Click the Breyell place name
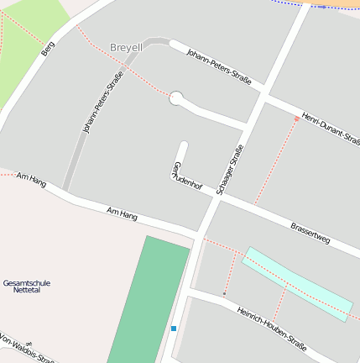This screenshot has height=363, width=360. (126, 48)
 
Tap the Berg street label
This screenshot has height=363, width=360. (48, 48)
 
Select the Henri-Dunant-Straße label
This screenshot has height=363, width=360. (331, 128)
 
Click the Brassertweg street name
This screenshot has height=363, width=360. (310, 233)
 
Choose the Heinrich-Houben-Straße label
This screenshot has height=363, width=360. (272, 329)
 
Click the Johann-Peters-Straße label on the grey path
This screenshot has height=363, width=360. (102, 103)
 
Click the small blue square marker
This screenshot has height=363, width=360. (173, 328)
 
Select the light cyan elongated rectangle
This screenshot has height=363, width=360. (297, 284)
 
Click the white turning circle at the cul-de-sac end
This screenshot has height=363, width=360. (175, 98)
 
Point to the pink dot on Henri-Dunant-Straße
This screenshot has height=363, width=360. (296, 119)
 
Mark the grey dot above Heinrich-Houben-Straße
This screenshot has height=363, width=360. (224, 294)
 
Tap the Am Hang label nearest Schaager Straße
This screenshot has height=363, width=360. (123, 214)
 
